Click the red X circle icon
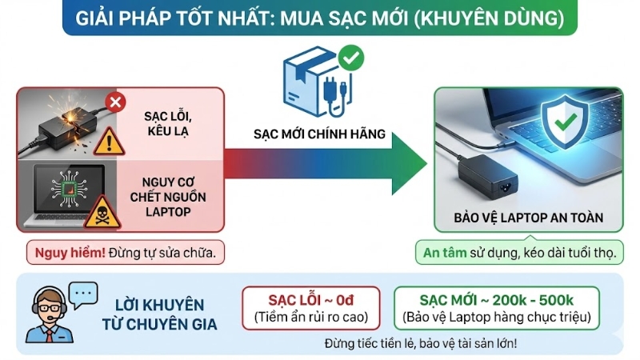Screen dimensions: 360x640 pos(116,102)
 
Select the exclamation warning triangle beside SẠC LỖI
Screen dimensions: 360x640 pos(109,142)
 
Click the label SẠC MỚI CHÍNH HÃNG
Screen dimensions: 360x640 pos(320,134)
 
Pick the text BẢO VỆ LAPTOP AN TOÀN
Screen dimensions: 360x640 pos(528,218)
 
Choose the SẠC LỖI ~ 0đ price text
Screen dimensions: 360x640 pos(310,300)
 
